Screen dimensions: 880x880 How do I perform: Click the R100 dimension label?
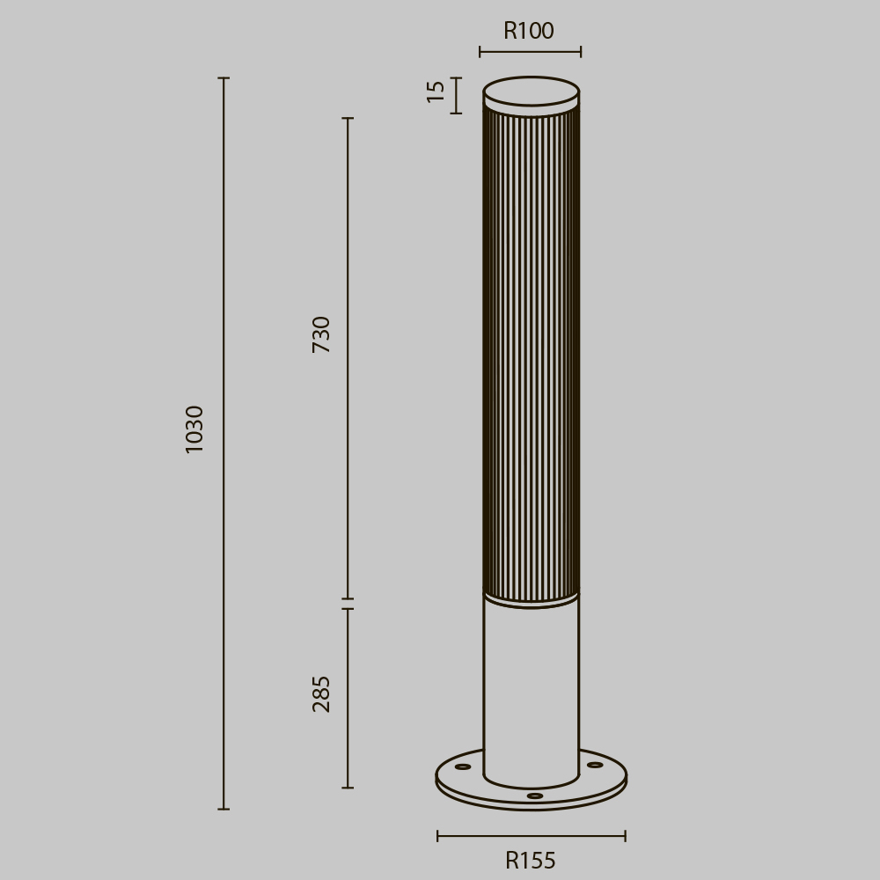click(529, 32)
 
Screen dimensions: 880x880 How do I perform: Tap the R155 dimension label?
click(531, 861)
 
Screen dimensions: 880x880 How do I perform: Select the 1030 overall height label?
click(194, 429)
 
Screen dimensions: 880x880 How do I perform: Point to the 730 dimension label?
click(322, 334)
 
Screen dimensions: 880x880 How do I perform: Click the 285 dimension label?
click(322, 693)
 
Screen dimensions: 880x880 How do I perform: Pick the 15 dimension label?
click(436, 92)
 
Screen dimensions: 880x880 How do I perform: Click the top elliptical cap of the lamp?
click(532, 92)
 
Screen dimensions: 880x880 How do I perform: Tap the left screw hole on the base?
click(463, 766)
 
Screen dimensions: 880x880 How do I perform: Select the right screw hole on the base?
click(595, 765)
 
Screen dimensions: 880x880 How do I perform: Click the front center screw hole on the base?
click(535, 796)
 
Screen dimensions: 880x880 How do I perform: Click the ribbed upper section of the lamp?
click(532, 352)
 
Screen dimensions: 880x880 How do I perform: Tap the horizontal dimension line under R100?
click(530, 52)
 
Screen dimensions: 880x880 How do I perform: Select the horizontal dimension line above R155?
click(532, 836)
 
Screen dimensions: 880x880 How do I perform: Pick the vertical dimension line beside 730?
click(348, 440)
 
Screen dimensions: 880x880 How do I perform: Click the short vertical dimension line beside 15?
click(456, 95)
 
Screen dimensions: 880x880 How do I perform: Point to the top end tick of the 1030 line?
click(224, 78)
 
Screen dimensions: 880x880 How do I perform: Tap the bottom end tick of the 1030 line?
click(224, 809)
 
